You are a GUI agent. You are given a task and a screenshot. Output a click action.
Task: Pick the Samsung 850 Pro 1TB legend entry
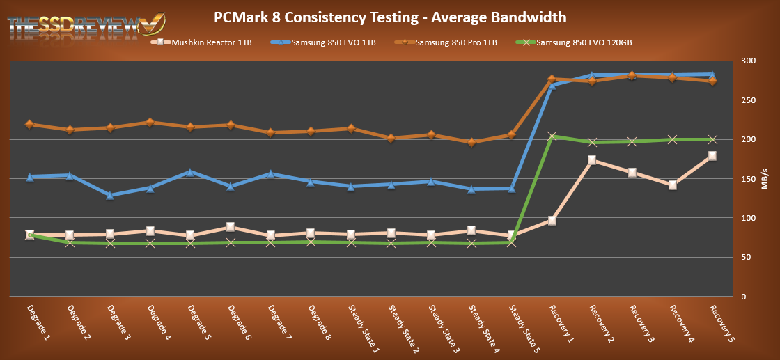point(452,43)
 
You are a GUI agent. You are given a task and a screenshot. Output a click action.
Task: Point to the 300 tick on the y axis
point(746,61)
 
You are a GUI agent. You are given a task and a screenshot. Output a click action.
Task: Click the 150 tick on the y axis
point(746,179)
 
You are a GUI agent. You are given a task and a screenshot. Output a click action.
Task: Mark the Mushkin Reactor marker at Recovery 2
point(591,160)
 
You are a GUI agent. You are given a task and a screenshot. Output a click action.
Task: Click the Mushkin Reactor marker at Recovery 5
point(712,156)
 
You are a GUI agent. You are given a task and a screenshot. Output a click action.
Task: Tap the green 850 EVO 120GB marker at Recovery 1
point(552,136)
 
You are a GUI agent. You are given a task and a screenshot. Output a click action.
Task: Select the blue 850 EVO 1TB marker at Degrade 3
point(110,196)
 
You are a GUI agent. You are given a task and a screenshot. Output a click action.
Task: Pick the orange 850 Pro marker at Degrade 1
point(29,125)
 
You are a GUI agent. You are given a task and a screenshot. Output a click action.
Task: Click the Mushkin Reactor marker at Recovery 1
point(552,221)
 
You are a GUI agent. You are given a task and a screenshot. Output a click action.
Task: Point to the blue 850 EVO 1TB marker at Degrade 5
point(190,171)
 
